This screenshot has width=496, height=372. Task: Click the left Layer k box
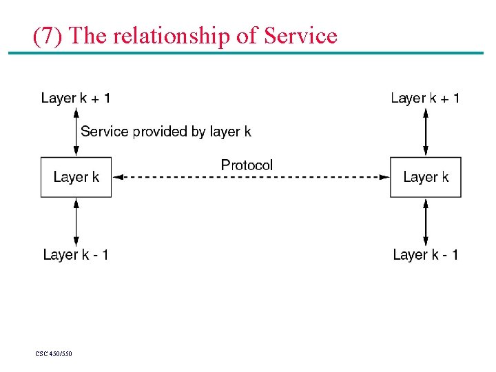click(x=76, y=178)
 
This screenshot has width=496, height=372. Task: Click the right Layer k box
click(x=425, y=178)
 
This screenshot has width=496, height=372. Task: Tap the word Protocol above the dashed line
click(x=247, y=165)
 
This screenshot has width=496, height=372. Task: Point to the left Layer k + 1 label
click(x=76, y=98)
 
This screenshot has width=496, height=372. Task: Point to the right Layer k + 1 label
click(x=425, y=98)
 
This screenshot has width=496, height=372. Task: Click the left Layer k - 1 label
click(x=76, y=255)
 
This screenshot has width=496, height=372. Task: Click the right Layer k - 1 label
click(x=425, y=255)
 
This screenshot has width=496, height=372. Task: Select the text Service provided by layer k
click(x=166, y=132)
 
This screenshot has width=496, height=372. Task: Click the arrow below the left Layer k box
click(x=76, y=221)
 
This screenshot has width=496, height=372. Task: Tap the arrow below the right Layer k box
click(x=426, y=221)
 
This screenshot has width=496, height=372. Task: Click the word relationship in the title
click(x=172, y=35)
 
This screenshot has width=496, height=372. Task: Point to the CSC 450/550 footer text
click(x=54, y=354)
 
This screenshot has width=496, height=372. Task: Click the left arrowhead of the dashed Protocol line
click(x=118, y=177)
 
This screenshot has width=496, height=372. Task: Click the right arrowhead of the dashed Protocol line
click(x=384, y=177)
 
